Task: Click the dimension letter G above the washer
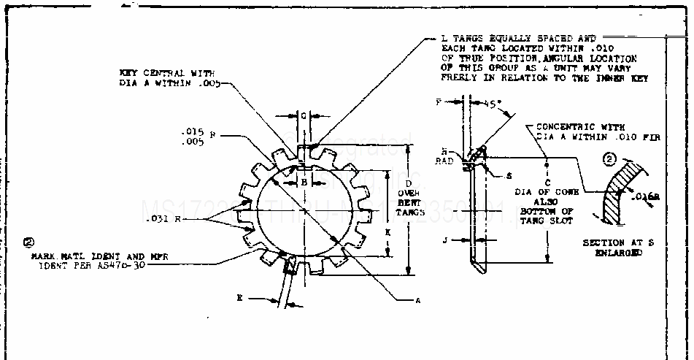tap(304, 116)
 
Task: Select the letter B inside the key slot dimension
tap(304, 183)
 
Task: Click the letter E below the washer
tap(239, 298)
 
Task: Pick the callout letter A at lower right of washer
tap(418, 299)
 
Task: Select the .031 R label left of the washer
tap(158, 219)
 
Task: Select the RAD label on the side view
tap(444, 161)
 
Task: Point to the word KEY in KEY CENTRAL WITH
tap(129, 72)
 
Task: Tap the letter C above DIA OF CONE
tap(547, 182)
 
